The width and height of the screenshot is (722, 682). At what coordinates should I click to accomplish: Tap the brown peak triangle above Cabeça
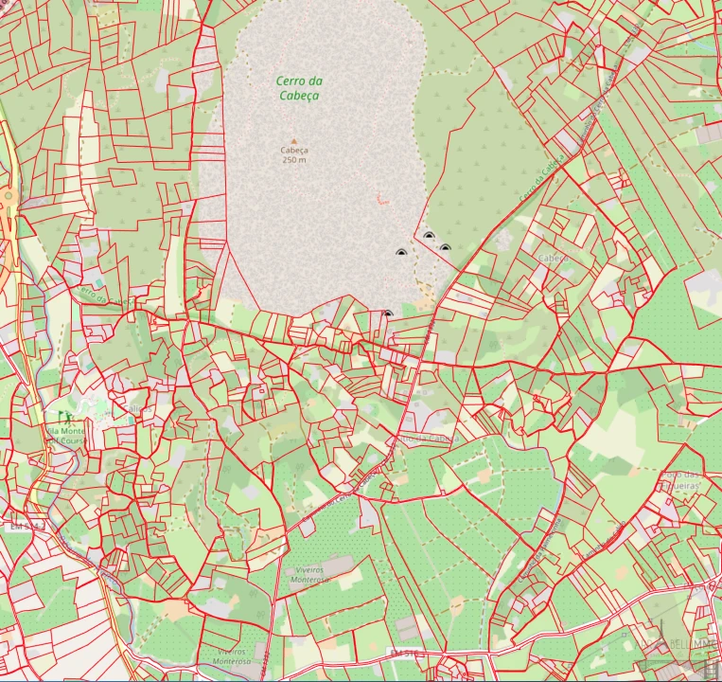coord(294,141)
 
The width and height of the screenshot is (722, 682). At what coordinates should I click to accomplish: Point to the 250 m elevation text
coord(294,160)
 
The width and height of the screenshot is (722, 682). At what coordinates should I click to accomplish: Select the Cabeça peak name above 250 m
coord(294,151)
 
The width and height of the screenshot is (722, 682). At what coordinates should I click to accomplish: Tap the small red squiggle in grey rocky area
coord(381,199)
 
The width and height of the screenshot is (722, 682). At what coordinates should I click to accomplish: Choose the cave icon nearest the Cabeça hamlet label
coord(445,247)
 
